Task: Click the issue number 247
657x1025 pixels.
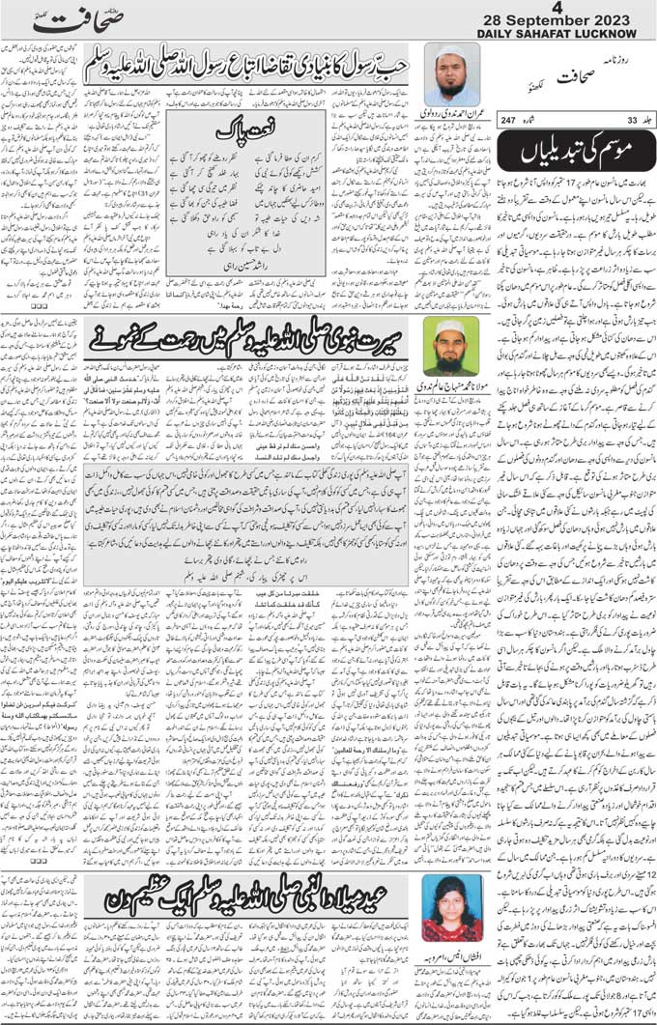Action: point(536,119)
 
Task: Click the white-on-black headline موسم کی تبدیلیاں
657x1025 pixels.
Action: point(584,150)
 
